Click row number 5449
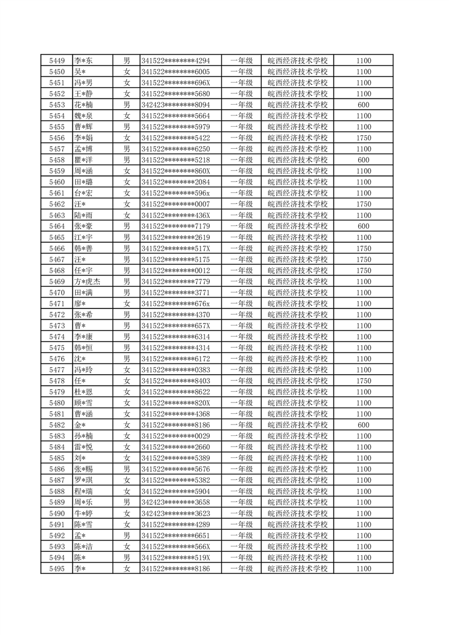tap(57, 61)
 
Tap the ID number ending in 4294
tap(176, 61)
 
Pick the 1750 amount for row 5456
tap(364, 138)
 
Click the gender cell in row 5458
tap(127, 160)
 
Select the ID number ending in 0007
tap(176, 204)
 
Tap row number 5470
tap(57, 293)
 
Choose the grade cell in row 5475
tap(241, 348)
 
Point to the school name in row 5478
tap(297, 381)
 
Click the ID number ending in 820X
tap(176, 403)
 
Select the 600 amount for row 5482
tap(364, 425)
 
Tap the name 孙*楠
tap(83, 436)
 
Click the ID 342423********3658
tap(176, 503)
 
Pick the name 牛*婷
tap(83, 513)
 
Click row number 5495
tap(57, 569)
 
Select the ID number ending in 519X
tap(176, 557)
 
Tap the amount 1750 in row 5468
tap(364, 271)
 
